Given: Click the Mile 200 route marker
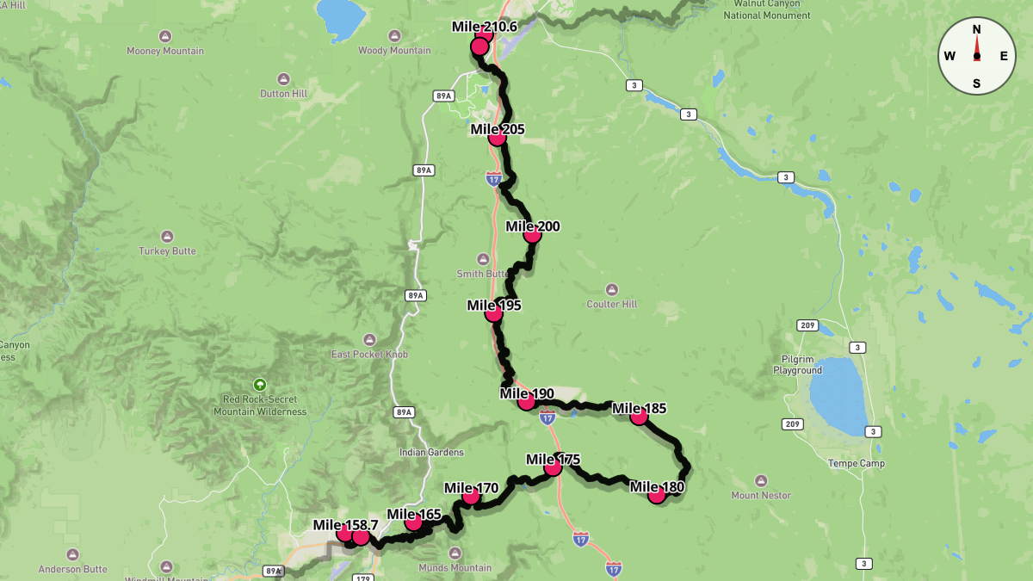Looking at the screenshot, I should click(x=532, y=233).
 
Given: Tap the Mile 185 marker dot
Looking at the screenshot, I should click(x=639, y=417).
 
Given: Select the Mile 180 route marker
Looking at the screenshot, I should click(x=657, y=494).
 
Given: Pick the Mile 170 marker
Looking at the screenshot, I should click(x=471, y=495).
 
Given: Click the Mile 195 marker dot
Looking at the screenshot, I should click(x=494, y=312).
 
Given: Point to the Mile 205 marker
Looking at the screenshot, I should click(x=497, y=137).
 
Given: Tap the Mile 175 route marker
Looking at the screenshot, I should click(x=554, y=467).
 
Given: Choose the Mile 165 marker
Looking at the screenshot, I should click(x=414, y=522).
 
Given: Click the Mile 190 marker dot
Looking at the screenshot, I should click(x=527, y=401).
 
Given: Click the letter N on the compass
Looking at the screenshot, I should click(x=976, y=29).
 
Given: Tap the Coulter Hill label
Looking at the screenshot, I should click(x=611, y=304).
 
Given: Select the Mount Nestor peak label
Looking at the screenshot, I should click(x=761, y=495).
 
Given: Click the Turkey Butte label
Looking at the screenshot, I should click(x=167, y=251).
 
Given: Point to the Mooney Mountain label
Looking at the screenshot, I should click(x=165, y=51).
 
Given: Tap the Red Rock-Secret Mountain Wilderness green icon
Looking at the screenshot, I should click(x=260, y=385).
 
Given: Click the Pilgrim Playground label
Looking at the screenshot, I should click(x=797, y=365).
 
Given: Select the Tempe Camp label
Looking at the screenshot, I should click(x=856, y=463).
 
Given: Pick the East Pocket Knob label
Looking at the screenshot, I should click(x=369, y=354).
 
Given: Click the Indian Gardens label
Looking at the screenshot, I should click(x=431, y=452).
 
